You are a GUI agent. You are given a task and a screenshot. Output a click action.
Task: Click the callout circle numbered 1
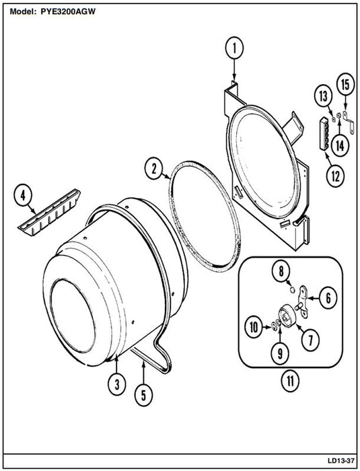(234, 48)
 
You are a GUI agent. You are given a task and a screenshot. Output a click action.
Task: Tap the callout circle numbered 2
(154, 169)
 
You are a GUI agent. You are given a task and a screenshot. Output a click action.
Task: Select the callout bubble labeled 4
(23, 196)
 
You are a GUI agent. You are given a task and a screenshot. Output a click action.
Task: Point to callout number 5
(143, 396)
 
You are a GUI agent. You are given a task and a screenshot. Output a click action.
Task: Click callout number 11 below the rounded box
(290, 381)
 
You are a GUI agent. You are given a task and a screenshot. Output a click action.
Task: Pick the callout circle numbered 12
(335, 176)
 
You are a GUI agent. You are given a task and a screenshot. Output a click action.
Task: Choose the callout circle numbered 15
(345, 84)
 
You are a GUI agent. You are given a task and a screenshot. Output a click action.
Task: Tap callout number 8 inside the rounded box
(281, 272)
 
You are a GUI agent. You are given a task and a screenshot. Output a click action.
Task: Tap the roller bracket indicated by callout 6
(303, 300)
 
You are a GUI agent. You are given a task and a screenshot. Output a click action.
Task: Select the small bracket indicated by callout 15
(348, 123)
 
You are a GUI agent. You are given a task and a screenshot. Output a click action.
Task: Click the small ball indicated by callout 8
(292, 289)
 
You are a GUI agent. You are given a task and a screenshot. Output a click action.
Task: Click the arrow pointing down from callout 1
(234, 70)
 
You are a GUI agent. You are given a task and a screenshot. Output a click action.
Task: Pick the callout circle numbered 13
(324, 97)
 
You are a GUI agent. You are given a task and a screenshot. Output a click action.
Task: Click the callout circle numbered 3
(117, 384)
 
